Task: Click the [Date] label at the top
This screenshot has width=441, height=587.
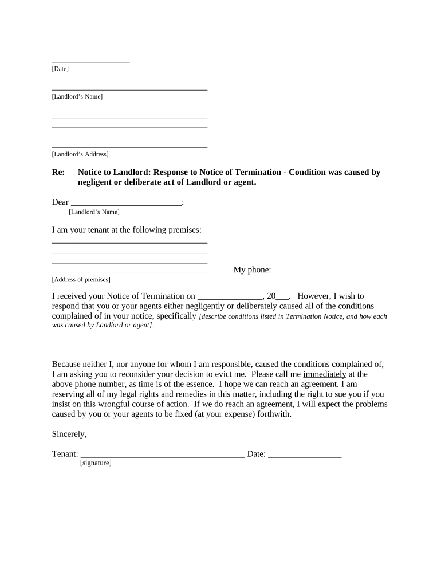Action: click(60, 69)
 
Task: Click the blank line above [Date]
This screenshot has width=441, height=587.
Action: click(90, 61)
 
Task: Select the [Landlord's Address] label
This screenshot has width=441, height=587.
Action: click(80, 154)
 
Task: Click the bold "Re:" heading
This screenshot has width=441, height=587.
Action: click(58, 172)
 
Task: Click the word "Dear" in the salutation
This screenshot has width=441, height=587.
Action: click(60, 202)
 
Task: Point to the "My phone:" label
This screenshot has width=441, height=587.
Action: click(252, 270)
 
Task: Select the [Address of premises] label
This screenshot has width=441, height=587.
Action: click(81, 280)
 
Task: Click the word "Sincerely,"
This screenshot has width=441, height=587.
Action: click(69, 434)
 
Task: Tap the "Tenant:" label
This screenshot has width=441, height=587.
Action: click(65, 454)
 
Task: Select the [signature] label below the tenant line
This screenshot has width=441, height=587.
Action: click(96, 463)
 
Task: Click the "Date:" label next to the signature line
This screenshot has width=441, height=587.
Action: click(257, 454)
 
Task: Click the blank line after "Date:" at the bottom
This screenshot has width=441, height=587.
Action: click(305, 456)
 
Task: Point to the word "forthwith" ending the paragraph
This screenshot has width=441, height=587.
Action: click(274, 414)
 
